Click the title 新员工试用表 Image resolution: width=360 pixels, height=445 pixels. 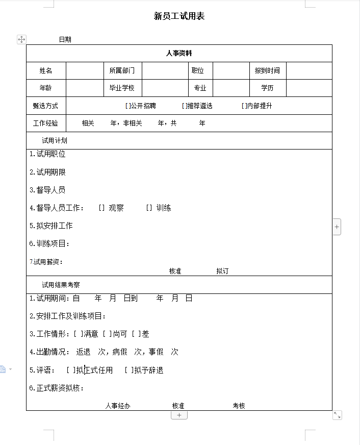click(179, 16)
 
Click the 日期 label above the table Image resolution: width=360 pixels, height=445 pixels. click(65, 39)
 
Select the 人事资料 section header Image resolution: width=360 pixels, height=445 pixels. click(179, 53)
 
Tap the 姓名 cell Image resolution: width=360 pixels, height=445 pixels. click(46, 70)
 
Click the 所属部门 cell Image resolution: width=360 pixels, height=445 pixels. click(122, 70)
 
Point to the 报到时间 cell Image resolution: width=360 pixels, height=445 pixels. click(267, 70)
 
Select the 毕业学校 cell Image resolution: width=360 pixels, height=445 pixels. click(122, 88)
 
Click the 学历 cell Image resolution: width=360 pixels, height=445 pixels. click(267, 88)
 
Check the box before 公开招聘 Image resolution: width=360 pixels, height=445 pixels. click(127, 106)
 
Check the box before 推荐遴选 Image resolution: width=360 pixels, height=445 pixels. click(184, 106)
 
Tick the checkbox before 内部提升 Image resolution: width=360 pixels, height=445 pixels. click(244, 106)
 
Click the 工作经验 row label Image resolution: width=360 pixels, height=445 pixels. click(46, 123)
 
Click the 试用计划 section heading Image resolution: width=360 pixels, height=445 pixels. click(55, 140)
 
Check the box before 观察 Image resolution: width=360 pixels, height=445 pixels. click(101, 208)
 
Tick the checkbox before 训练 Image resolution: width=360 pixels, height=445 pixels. click(149, 208)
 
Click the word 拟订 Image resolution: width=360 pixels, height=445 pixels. click(222, 271)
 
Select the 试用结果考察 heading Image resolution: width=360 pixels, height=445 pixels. click(61, 285)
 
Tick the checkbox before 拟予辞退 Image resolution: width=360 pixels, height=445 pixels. click(128, 370)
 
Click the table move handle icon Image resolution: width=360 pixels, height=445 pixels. click(21, 39)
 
